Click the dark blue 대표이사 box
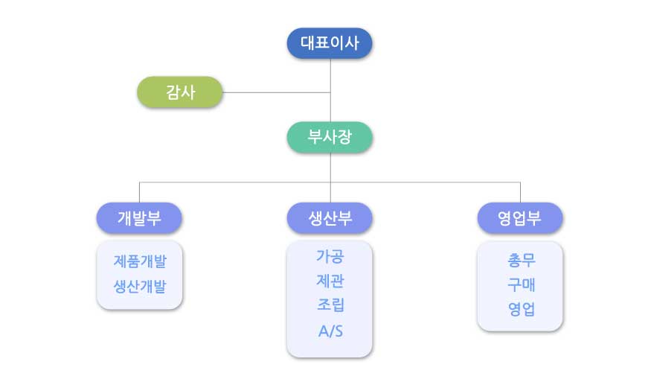[330, 43]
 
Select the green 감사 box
[180, 92]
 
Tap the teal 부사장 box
[330, 137]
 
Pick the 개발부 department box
[139, 218]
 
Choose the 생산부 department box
[330, 218]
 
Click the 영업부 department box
[520, 218]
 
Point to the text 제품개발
[140, 261]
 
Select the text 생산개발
[140, 286]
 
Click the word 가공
[330, 256]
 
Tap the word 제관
[330, 281]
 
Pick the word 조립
[330, 305]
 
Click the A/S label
[330, 331]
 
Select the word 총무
[522, 261]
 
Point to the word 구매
[522, 284]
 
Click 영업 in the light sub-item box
[522, 309]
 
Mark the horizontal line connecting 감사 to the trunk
[277, 92]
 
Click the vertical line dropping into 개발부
[140, 192]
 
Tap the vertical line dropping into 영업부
[520, 192]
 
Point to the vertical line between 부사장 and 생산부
[330, 177]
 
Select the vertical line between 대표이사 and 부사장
[330, 90]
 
